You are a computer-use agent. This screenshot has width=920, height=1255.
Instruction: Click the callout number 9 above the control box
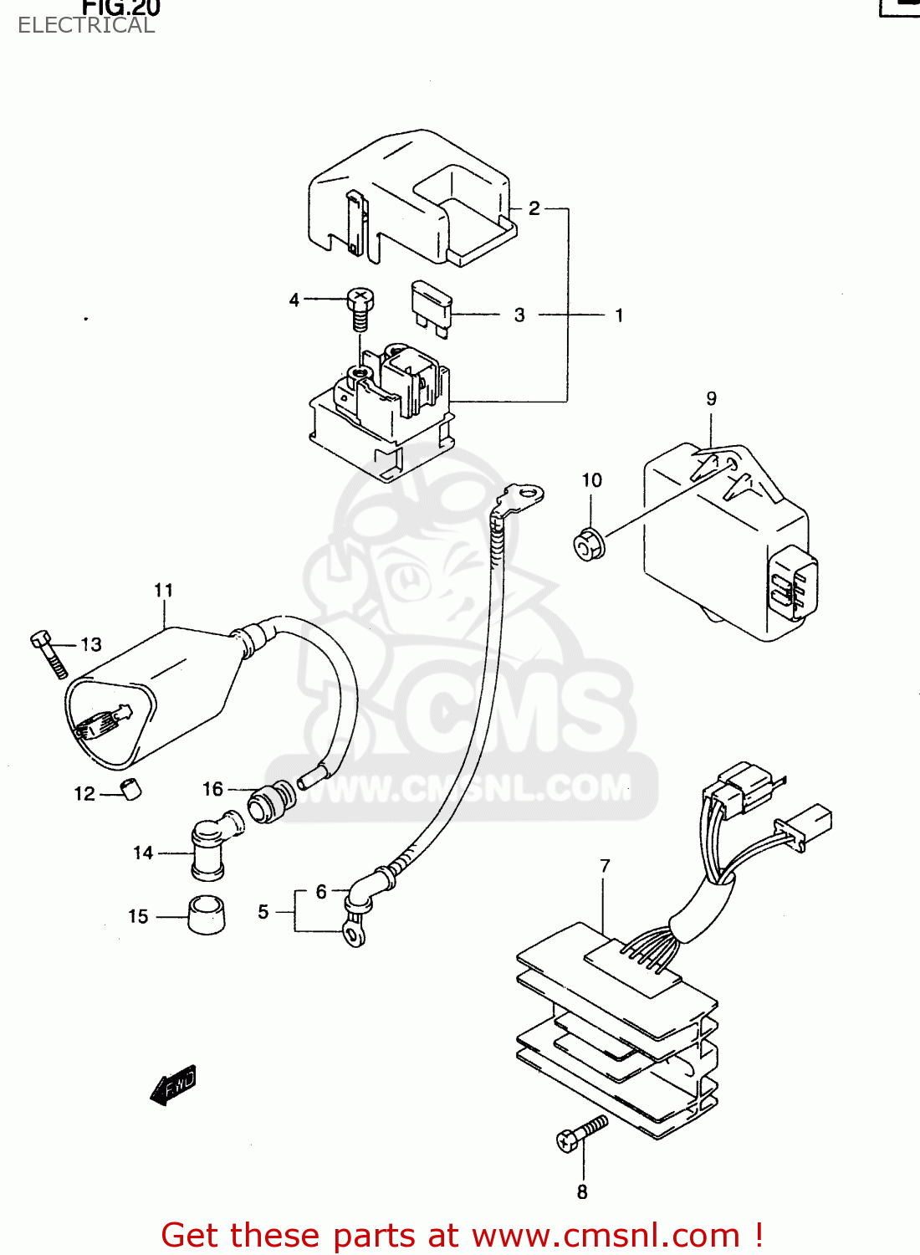(x=711, y=398)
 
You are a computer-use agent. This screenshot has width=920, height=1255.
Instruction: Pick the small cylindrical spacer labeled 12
(x=131, y=789)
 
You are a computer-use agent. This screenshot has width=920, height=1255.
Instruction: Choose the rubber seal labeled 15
(x=206, y=914)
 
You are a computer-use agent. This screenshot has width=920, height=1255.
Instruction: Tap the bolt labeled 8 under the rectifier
(x=580, y=1134)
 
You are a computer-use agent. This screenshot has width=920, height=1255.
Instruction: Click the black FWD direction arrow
(x=174, y=1085)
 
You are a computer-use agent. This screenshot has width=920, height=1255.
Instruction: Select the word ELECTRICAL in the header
(x=86, y=25)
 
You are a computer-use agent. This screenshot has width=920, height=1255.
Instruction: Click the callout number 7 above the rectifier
(x=605, y=866)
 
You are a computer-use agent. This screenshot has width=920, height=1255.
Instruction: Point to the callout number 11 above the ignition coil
(x=163, y=591)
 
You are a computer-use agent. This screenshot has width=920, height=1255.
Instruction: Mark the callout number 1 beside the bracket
(x=619, y=315)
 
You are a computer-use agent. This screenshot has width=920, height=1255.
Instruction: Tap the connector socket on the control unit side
(x=790, y=583)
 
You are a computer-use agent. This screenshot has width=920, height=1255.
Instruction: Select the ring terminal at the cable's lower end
(x=355, y=933)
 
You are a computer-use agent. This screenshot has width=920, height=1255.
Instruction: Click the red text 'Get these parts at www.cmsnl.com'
(x=461, y=1235)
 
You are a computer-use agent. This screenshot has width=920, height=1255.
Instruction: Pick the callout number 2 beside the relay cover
(x=534, y=208)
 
